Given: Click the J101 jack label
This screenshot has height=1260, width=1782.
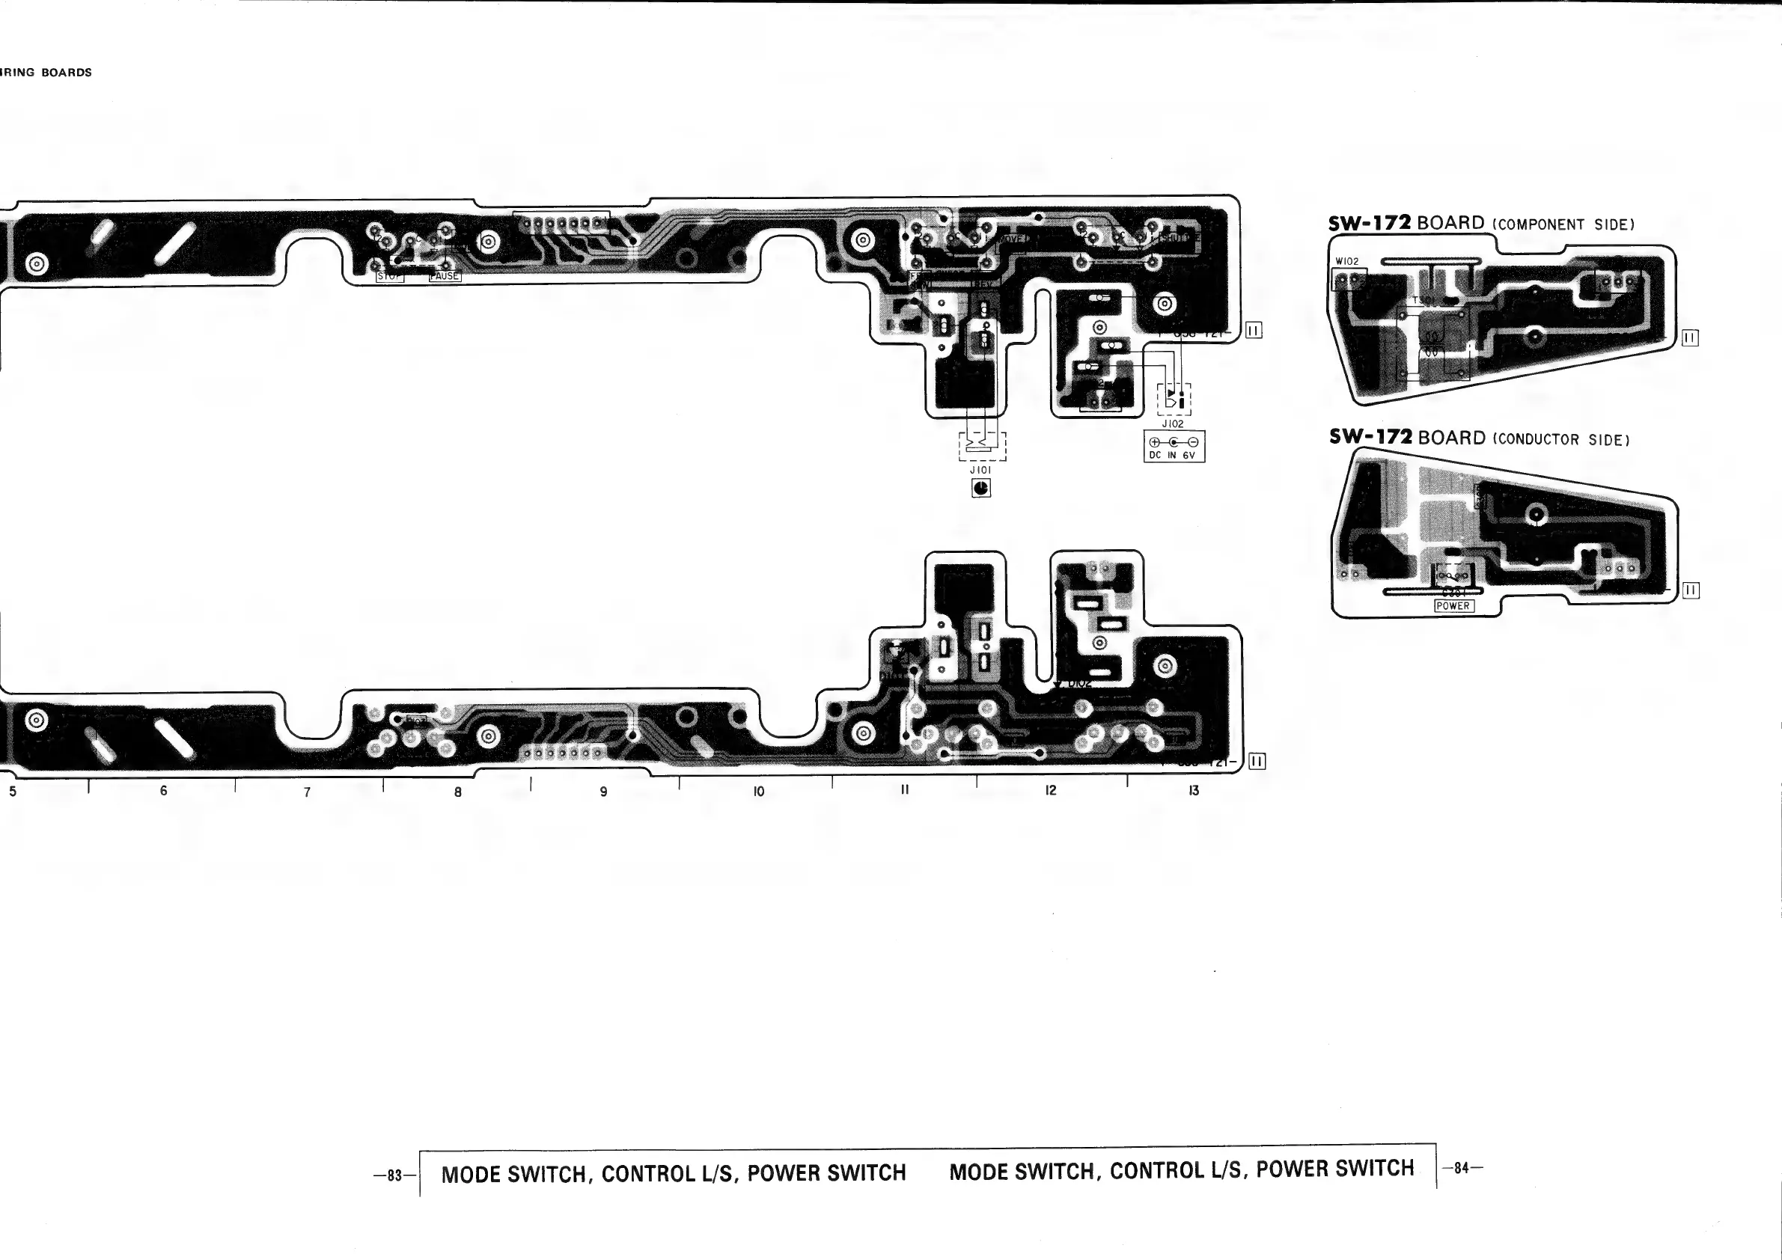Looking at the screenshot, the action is (980, 470).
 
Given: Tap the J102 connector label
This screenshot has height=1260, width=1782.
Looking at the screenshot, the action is (1173, 424).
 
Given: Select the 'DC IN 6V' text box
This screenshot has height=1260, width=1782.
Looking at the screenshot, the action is (1174, 447).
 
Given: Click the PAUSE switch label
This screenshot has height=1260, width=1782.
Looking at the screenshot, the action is (445, 276).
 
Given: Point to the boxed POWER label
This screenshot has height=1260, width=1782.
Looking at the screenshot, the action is (1453, 606).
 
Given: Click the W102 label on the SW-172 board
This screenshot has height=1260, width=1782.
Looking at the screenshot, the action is (1346, 261).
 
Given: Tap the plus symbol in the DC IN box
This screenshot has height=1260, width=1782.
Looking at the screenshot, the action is (1156, 442).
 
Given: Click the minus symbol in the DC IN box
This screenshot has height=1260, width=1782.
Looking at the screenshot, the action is (1193, 442).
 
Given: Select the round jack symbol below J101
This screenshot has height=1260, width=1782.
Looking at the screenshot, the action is (981, 488).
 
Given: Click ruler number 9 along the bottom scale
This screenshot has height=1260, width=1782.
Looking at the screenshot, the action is (604, 792).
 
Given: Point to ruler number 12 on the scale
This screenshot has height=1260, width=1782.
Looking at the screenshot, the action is (1050, 791).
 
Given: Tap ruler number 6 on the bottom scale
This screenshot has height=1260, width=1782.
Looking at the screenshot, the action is (163, 791).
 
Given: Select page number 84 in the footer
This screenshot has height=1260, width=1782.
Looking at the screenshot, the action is (1462, 1168).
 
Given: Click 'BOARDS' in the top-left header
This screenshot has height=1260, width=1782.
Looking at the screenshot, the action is (67, 73).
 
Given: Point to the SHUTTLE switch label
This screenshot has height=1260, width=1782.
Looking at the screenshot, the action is (1180, 236).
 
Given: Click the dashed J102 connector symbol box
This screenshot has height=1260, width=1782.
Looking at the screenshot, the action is (1174, 399).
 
